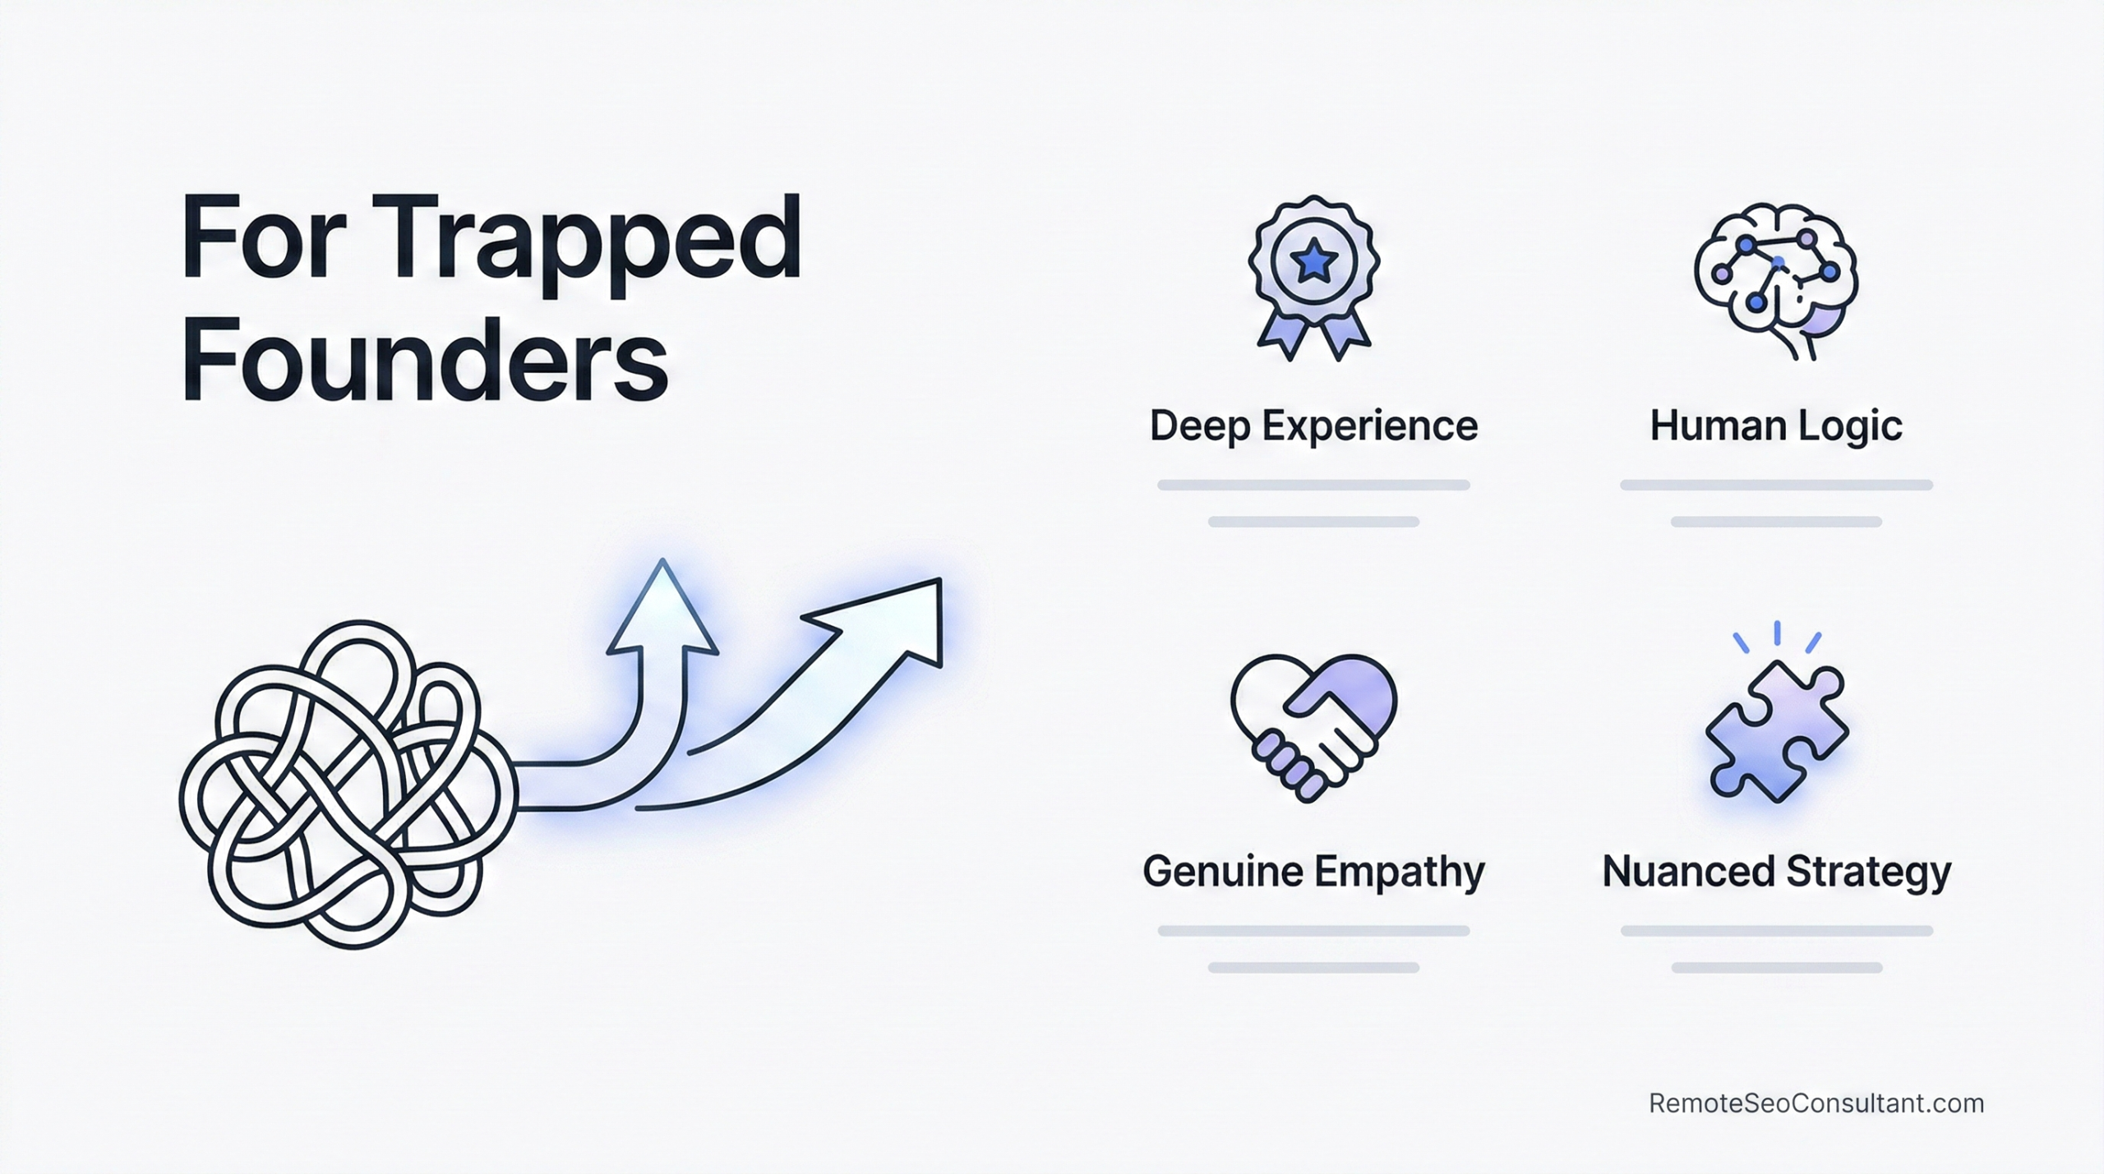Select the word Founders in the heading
pos(424,361)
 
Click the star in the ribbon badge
pos(1313,262)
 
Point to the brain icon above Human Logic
pos(1776,279)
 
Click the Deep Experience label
pos(1313,426)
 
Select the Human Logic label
pos(1776,426)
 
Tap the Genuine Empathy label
pos(1313,872)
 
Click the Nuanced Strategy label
pos(1776,872)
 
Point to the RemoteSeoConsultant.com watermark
pos(1816,1103)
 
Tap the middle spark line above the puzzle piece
pos(1777,633)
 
